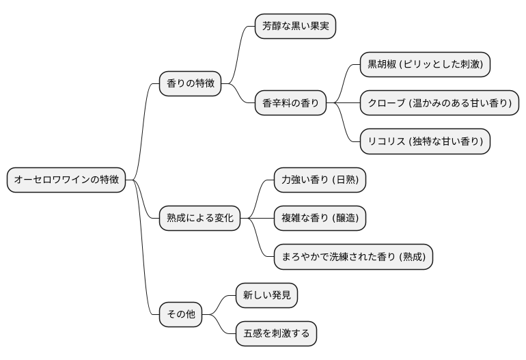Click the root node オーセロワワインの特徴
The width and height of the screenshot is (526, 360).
pyautogui.click(x=66, y=180)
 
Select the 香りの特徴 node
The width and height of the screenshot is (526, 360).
pyautogui.click(x=190, y=83)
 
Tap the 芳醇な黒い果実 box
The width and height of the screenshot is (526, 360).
pyautogui.click(x=295, y=27)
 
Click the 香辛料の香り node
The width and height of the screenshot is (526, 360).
pyautogui.click(x=290, y=104)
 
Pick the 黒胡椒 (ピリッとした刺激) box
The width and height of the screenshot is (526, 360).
pyautogui.click(x=425, y=65)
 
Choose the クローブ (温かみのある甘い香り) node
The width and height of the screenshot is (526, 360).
pyautogui.click(x=439, y=103)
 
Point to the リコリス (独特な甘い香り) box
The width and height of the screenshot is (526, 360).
pyautogui.click(x=425, y=141)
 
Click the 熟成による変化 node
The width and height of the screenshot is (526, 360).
pyautogui.click(x=199, y=218)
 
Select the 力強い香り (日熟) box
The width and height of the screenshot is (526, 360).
pyautogui.click(x=320, y=180)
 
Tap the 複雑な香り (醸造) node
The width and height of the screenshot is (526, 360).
pyautogui.click(x=320, y=218)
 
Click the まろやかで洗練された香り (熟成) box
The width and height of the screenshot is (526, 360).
pyautogui.click(x=353, y=257)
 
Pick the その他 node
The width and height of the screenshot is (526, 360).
pyautogui.click(x=181, y=314)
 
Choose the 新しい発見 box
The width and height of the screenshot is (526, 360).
pyautogui.click(x=266, y=295)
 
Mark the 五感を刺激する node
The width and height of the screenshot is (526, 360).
pyautogui.click(x=276, y=333)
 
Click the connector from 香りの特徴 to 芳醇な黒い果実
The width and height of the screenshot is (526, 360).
pyautogui.click(x=238, y=55)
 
